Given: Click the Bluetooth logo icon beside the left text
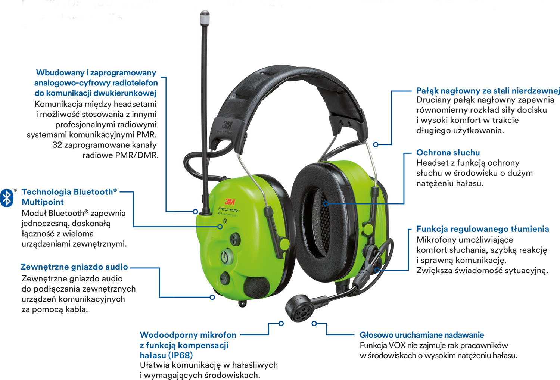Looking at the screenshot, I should tap(7, 197).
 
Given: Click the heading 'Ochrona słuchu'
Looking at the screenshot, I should tap(448, 152).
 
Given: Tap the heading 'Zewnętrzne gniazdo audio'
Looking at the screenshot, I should tap(74, 267).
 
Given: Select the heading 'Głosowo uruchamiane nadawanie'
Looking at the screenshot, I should tap(421, 335).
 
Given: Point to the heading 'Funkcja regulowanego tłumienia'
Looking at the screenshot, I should tap(482, 229).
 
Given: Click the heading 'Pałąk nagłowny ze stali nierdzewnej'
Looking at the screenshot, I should tap(488, 91).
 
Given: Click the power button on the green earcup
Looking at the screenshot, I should tap(224, 256).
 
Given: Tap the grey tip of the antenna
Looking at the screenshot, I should tap(205, 17).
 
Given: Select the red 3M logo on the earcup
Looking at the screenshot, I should tap(230, 202).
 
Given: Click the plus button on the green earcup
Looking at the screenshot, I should tap(234, 238).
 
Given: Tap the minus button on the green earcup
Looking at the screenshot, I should tap(225, 278).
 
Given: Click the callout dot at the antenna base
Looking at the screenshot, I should tap(195, 211).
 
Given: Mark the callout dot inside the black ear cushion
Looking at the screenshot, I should tap(326, 204).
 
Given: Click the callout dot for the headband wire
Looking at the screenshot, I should tap(376, 144).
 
